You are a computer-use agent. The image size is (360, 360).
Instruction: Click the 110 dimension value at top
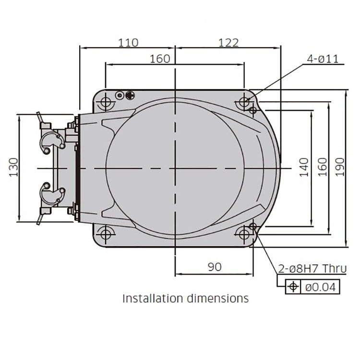pyautogui.click(x=128, y=42)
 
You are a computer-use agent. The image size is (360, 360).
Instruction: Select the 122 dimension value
pyautogui.click(x=228, y=42)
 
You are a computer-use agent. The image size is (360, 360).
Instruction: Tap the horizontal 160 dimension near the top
pyautogui.click(x=160, y=59)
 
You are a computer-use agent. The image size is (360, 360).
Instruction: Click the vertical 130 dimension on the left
pyautogui.click(x=14, y=167)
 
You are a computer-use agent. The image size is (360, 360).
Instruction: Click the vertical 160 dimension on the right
pyautogui.click(x=322, y=167)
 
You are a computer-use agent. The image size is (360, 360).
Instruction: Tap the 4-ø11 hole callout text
pyautogui.click(x=323, y=59)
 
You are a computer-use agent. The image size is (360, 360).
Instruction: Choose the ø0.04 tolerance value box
pyautogui.click(x=321, y=288)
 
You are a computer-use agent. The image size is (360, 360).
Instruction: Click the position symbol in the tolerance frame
pyautogui.click(x=292, y=288)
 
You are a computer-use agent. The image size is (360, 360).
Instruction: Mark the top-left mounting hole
pyautogui.click(x=106, y=102)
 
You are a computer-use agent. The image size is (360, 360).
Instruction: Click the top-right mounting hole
pyautogui.click(x=245, y=102)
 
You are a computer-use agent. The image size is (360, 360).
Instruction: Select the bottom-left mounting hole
pyautogui.click(x=106, y=234)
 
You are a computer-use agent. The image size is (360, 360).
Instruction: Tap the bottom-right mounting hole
pyautogui.click(x=245, y=234)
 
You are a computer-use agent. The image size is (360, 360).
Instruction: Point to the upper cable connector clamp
pyautogui.click(x=50, y=139)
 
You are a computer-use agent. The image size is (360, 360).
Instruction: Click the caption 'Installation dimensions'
pyautogui.click(x=186, y=298)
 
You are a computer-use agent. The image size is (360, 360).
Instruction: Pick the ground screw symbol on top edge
pyautogui.click(x=130, y=95)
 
